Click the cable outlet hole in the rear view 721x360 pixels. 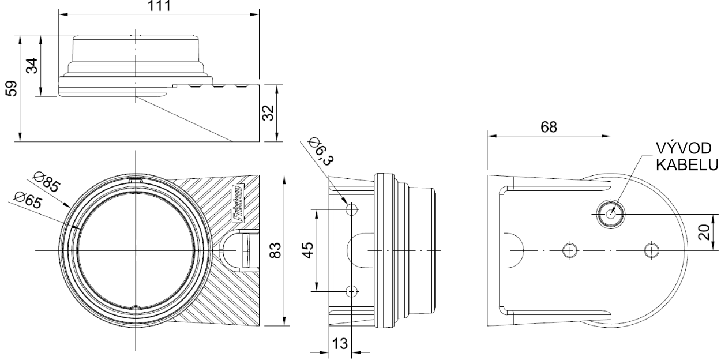[611, 213]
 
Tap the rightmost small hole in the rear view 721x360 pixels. [651, 250]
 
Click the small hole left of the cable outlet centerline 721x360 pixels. [570, 250]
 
